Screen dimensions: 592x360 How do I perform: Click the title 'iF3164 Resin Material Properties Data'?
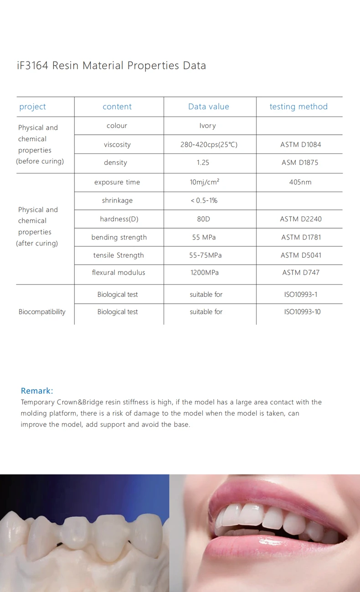(111, 66)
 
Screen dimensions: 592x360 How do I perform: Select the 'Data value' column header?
(209, 107)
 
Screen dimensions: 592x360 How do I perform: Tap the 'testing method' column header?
(298, 107)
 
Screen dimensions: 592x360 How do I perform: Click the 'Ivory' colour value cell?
(208, 126)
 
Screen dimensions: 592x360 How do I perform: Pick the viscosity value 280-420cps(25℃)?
(209, 145)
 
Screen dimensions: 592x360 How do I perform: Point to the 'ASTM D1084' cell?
(301, 145)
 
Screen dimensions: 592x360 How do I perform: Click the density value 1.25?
(203, 163)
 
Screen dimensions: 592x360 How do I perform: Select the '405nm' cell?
(300, 182)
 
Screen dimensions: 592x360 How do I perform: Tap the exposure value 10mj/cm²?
(205, 182)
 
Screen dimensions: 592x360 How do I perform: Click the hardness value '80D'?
(203, 219)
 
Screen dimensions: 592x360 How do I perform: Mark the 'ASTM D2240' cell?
(301, 219)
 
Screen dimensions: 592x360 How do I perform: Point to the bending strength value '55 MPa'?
(203, 237)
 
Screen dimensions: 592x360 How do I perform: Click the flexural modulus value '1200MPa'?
(205, 272)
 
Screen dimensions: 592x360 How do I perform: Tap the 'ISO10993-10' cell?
(302, 312)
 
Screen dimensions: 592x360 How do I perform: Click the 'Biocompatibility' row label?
(42, 312)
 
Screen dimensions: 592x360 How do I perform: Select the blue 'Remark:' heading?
(37, 391)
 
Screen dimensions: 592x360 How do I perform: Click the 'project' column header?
(32, 107)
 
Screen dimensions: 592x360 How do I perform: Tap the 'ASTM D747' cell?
(301, 272)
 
